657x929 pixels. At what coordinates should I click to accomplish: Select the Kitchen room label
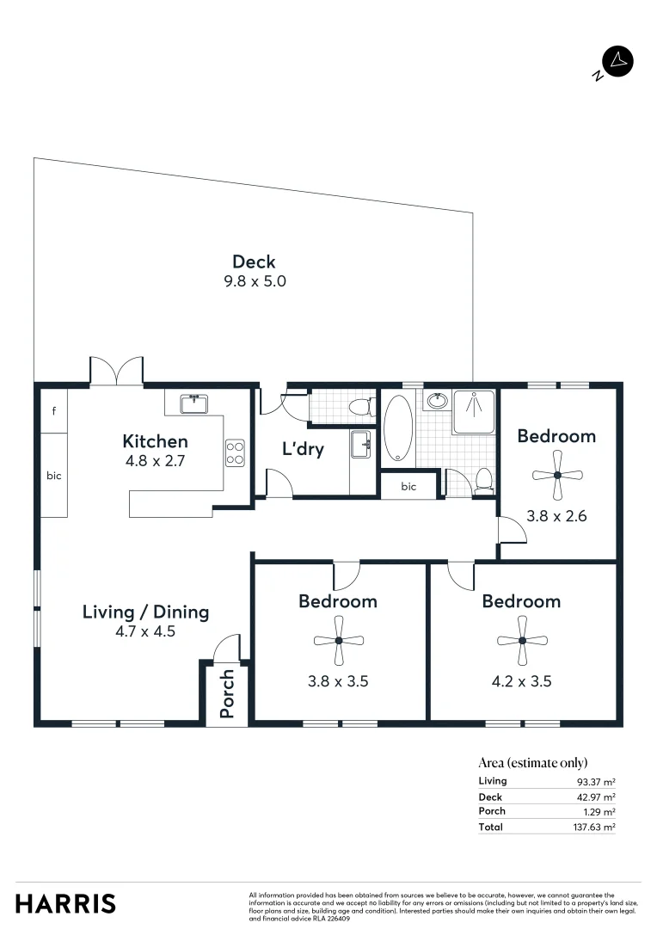coord(155,441)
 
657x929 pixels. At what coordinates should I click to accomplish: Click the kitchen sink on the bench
coord(196,403)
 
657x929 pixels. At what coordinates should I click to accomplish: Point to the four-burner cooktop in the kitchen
coord(235,452)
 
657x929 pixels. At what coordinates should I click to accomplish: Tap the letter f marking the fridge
coord(53,411)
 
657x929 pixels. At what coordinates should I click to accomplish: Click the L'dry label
coord(303,449)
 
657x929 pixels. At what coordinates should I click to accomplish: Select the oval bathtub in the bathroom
coord(397,428)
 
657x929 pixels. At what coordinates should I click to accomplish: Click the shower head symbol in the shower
coord(472,397)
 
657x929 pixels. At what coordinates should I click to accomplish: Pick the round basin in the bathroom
coord(438,400)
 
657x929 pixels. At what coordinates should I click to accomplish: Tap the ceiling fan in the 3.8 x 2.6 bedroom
coord(557,475)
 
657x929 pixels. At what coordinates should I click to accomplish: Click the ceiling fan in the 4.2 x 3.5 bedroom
coord(522,640)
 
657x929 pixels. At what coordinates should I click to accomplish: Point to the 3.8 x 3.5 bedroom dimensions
coord(338,681)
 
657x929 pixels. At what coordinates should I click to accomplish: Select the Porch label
coord(227,693)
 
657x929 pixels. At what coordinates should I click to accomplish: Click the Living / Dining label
coord(145,612)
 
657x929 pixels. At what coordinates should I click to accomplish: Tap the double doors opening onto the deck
coord(116,371)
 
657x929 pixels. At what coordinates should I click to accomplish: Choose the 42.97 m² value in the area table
coord(596,797)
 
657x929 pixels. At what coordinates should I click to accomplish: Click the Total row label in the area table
coord(490,827)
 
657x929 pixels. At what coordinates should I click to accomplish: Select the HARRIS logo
coord(65,904)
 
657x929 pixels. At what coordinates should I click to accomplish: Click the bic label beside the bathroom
coord(408,487)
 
